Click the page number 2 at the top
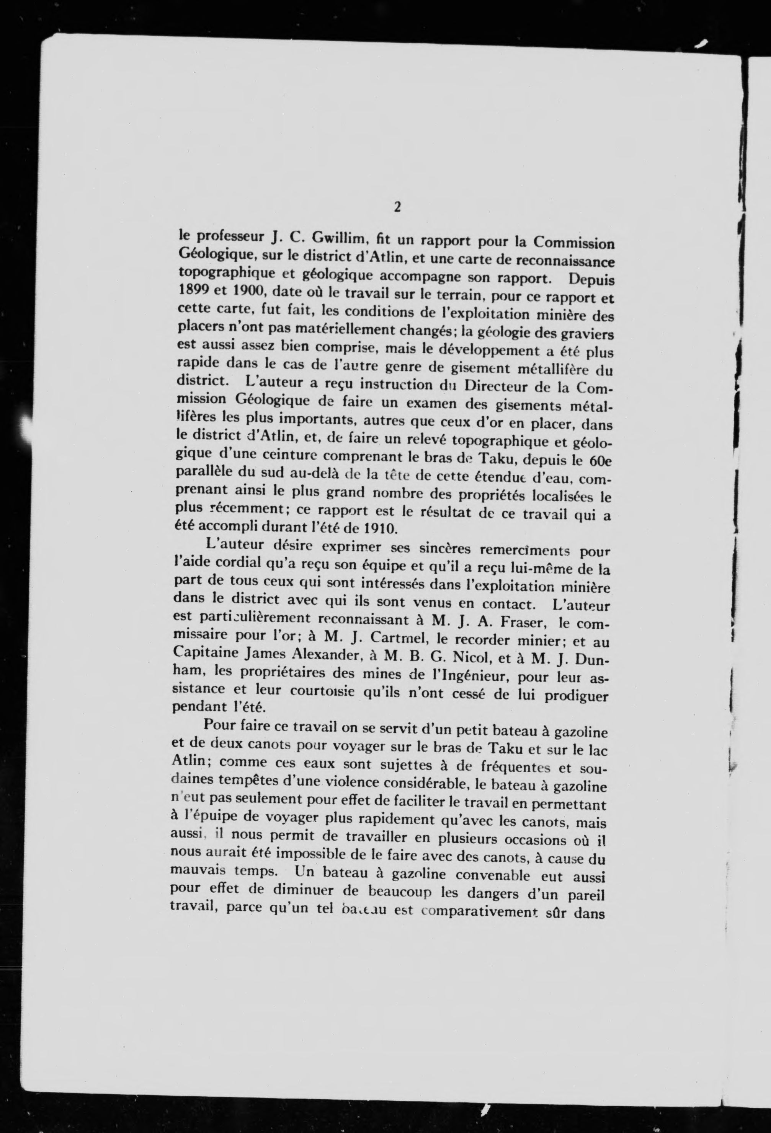pos(397,207)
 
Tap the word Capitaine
pos(201,654)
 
